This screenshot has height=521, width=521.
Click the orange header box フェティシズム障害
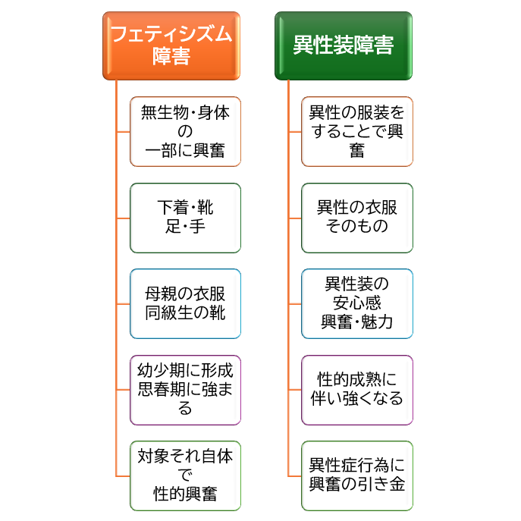click(171, 46)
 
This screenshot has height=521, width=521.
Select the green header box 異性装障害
click(344, 46)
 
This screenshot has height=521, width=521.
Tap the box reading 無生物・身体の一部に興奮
click(185, 132)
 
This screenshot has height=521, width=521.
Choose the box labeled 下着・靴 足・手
click(185, 218)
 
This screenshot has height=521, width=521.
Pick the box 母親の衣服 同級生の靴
click(185, 303)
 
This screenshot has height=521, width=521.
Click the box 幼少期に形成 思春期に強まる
click(185, 390)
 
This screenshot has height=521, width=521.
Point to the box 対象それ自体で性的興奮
click(185, 475)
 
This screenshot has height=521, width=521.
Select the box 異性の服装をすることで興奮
click(357, 132)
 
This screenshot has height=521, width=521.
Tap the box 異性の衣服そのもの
click(357, 218)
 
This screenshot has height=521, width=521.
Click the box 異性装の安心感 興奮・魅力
click(357, 303)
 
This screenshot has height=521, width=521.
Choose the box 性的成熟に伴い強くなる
click(357, 390)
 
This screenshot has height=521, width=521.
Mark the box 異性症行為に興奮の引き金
click(357, 475)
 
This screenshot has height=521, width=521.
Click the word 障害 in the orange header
click(171, 56)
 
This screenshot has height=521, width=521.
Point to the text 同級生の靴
click(185, 313)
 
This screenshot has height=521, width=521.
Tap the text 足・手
click(185, 227)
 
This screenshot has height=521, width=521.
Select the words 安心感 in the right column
click(357, 303)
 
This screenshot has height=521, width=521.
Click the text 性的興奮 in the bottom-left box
click(185, 494)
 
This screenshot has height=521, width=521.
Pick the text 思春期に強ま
click(185, 389)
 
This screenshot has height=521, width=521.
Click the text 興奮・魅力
click(357, 322)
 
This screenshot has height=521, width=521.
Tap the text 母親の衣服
click(185, 294)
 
